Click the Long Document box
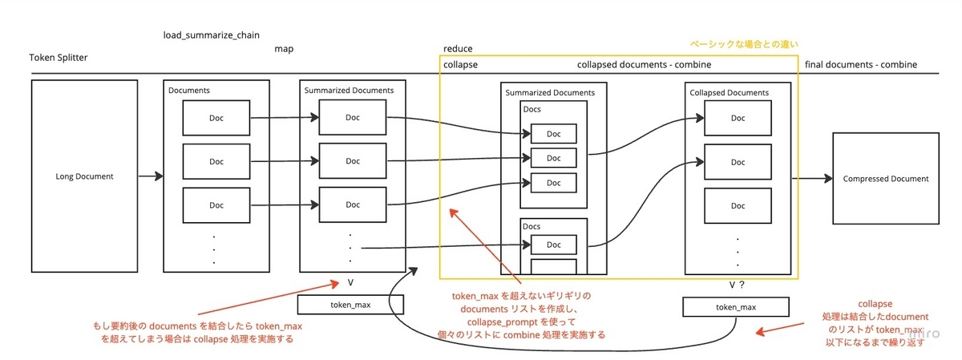tap(84, 176)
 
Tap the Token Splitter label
tap(59, 58)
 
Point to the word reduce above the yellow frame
tap(459, 49)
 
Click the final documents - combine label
tap(860, 65)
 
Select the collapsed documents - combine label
tap(644, 65)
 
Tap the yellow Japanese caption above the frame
tap(745, 43)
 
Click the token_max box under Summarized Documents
tap(350, 305)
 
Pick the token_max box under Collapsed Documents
tap(735, 306)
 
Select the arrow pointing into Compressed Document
tap(816, 179)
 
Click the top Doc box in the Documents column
tap(216, 119)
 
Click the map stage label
tap(284, 49)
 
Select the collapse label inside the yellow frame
tap(460, 65)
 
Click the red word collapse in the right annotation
tap(875, 305)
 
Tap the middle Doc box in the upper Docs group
tap(554, 157)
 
